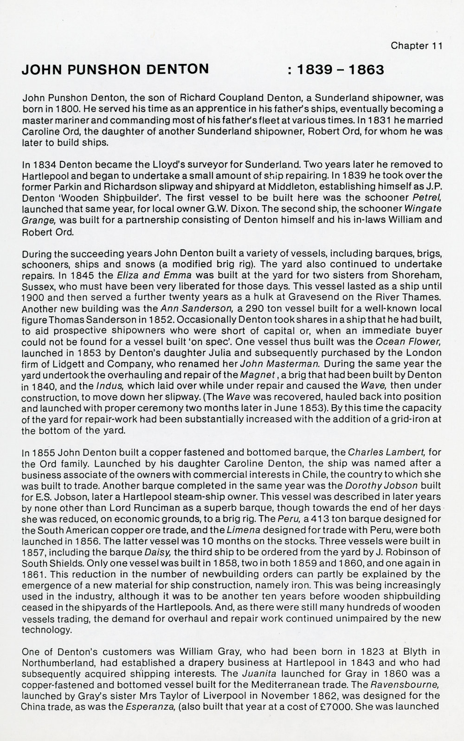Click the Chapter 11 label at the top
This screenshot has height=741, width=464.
click(416, 45)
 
